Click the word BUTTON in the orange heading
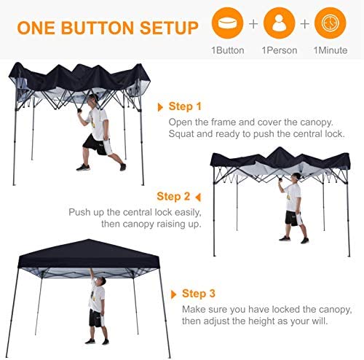coord(97,28)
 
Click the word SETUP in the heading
coord(169,28)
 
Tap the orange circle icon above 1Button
coord(227,23)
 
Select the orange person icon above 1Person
coord(279,23)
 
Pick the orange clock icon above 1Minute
coord(331,23)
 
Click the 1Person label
coord(280,50)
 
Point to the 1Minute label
coord(331,50)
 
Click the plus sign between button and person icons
coord(253,24)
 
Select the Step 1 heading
coord(185,106)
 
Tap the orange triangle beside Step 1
coord(160,107)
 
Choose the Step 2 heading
coord(173,197)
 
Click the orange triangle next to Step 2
coord(198,197)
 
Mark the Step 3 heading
coord(199,294)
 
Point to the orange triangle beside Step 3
coord(173,294)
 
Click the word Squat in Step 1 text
coord(181,134)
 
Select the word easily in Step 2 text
coord(188,213)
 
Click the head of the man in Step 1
coord(92,99)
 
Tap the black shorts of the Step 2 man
coord(292,218)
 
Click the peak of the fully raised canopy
coord(88,240)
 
